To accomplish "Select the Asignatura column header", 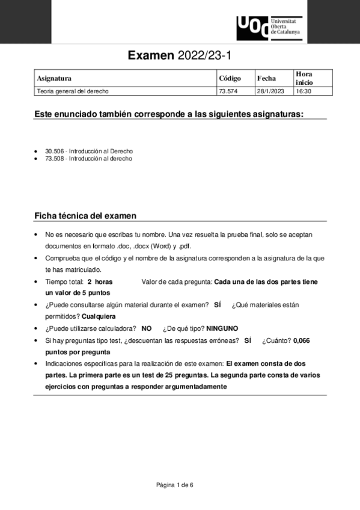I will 54,78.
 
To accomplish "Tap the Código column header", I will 230,78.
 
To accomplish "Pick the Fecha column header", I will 266,78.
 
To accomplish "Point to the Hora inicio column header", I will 304,78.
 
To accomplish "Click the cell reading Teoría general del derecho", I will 73,91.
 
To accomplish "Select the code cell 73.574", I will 228,91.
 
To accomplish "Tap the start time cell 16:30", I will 303,91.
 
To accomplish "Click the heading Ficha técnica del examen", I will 85,215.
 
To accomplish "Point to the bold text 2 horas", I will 100,281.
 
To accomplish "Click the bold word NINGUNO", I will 222,328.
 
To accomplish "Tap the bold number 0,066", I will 302,340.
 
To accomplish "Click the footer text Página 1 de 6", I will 175,485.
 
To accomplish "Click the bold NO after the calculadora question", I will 146,328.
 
